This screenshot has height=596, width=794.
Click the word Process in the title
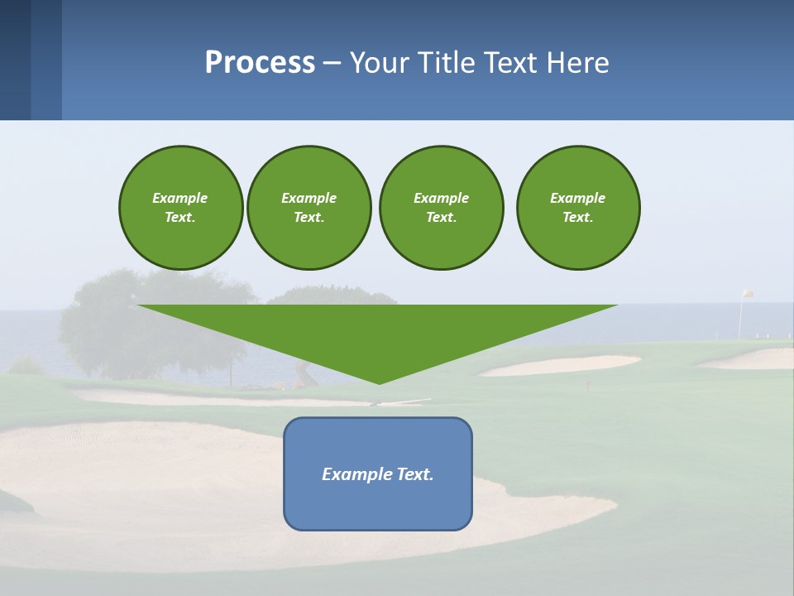(x=260, y=63)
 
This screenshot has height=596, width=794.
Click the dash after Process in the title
(x=332, y=64)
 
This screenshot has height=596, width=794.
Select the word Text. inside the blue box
(x=416, y=474)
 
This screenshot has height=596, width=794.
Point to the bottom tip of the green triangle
(x=379, y=382)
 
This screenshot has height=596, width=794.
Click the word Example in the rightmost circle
(x=577, y=198)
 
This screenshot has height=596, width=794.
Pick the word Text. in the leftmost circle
(x=180, y=218)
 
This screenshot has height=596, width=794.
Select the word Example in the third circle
(x=441, y=198)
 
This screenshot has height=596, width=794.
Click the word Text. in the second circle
(x=309, y=218)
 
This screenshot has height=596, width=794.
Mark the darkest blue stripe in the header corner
(x=15, y=60)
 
